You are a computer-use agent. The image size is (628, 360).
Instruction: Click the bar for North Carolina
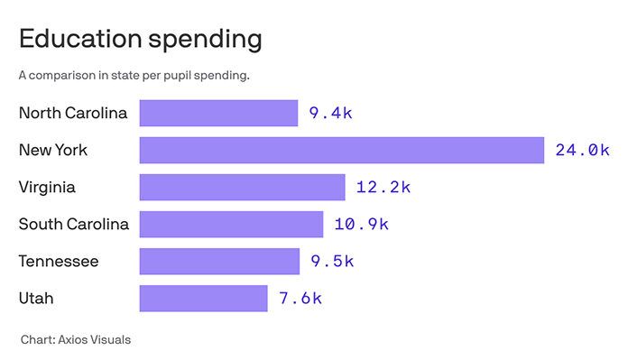point(218,114)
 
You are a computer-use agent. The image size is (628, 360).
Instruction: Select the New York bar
point(341,151)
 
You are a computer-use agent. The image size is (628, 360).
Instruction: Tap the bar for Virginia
point(242,188)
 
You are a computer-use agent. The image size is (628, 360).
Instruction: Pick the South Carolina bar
point(231,224)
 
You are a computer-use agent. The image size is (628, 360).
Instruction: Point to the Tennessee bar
point(219,262)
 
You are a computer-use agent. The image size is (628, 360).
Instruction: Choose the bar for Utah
point(203,299)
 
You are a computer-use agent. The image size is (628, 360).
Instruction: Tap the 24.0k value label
point(582,151)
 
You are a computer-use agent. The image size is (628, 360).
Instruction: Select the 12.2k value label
point(383,188)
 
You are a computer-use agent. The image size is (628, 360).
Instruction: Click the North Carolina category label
point(73,114)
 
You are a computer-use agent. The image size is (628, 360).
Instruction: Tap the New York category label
point(53,151)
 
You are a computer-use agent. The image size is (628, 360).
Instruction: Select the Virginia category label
point(47,188)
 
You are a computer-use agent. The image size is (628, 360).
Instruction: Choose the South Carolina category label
point(73,224)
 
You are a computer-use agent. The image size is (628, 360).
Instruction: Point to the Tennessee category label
point(59,262)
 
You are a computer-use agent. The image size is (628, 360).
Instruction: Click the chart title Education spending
point(140,40)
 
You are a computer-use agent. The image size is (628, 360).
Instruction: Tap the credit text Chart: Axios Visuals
point(77,340)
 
